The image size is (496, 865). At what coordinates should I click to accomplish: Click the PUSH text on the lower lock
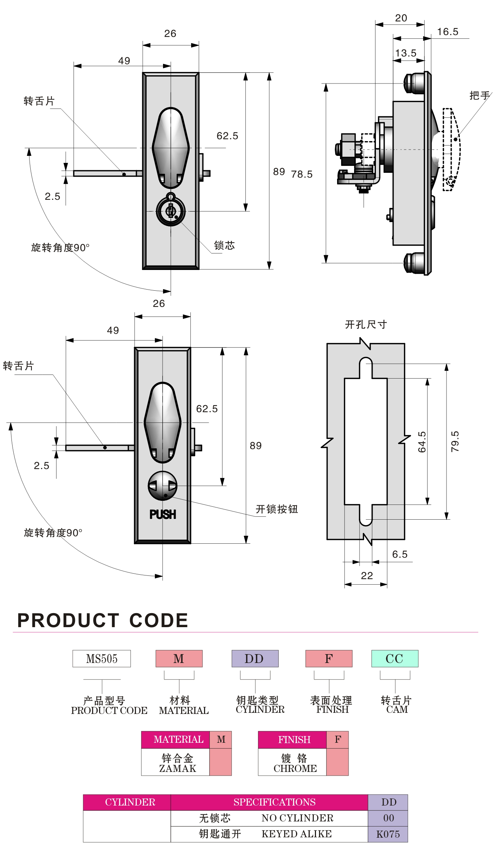click(x=163, y=514)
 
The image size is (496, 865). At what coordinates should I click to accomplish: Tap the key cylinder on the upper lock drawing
click(x=170, y=211)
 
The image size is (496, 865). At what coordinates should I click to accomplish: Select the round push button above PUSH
click(x=163, y=486)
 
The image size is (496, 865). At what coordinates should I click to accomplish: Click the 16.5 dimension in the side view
click(x=448, y=32)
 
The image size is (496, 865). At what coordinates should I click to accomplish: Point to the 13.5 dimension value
click(x=406, y=53)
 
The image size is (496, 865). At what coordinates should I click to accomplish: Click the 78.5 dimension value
click(x=302, y=174)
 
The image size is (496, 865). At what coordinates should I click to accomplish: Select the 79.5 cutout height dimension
click(x=455, y=441)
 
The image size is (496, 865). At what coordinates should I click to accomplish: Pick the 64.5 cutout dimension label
click(x=422, y=442)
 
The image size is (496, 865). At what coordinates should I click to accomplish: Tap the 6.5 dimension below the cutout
click(x=400, y=554)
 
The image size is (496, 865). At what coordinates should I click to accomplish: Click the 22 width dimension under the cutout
click(x=367, y=576)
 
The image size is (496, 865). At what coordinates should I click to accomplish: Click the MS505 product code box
click(x=102, y=659)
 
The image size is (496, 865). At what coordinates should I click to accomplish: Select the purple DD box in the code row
click(x=255, y=659)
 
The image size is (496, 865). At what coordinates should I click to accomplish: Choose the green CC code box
click(x=395, y=659)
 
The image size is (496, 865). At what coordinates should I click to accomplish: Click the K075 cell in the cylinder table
click(x=388, y=834)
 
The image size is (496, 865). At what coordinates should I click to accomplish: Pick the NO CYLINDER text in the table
click(x=297, y=818)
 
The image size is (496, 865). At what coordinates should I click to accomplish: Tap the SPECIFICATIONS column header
click(x=274, y=802)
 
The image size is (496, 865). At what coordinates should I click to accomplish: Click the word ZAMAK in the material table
click(x=177, y=769)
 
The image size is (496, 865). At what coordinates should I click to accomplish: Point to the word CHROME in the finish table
click(x=295, y=769)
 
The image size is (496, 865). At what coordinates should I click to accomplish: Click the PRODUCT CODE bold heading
click(x=103, y=620)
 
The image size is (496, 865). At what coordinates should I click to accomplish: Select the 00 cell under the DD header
click(x=388, y=818)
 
